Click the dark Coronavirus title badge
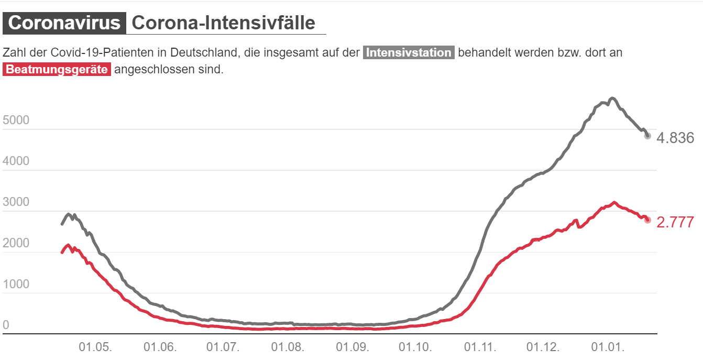[64, 23]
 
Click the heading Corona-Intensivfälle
[224, 23]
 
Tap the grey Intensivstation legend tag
[409, 53]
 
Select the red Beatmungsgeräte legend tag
[57, 70]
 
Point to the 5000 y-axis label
[16, 121]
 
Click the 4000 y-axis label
[16, 161]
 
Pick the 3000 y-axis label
[16, 202]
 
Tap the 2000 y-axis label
[16, 243]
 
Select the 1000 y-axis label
[16, 284]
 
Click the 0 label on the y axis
[6, 325]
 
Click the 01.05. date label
[95, 347]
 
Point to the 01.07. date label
[223, 347]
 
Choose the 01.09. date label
[352, 347]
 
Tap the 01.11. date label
[480, 347]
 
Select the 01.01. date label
[608, 347]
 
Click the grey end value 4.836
[675, 138]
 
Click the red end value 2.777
[675, 222]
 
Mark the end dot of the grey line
[647, 136]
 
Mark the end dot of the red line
[647, 220]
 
